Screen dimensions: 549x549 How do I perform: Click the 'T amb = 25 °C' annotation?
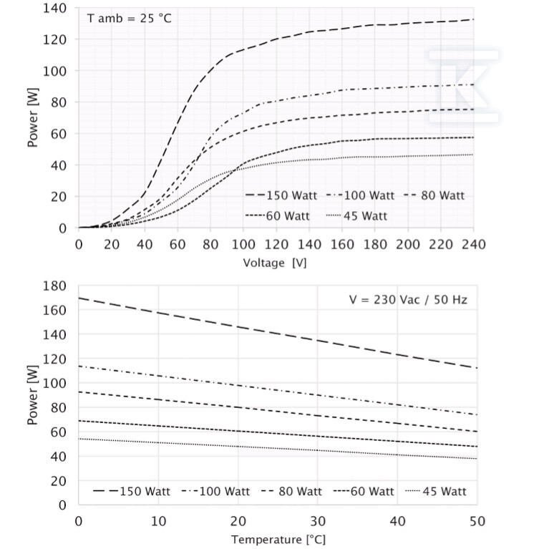click(x=129, y=18)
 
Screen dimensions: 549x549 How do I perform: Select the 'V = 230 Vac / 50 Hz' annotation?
click(x=408, y=300)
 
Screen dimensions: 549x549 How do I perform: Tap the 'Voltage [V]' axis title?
click(x=275, y=263)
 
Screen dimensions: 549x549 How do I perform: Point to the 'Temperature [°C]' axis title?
click(x=278, y=539)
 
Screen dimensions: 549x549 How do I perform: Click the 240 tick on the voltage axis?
click(x=473, y=244)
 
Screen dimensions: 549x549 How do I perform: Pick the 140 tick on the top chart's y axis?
click(x=54, y=8)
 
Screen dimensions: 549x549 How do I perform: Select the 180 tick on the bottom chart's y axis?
click(x=54, y=286)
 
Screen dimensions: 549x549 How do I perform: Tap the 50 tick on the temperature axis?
click(x=477, y=521)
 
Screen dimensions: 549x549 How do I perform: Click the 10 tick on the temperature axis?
click(x=158, y=521)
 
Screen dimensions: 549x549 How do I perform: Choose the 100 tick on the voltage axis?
click(x=243, y=244)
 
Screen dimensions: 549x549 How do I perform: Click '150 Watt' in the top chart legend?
click(x=291, y=195)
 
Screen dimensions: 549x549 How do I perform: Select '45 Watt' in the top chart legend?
click(x=365, y=215)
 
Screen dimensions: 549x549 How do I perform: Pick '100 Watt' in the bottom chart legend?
click(x=225, y=491)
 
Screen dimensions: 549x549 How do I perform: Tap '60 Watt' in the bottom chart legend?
click(x=372, y=491)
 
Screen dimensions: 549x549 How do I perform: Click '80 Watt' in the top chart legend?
click(x=442, y=195)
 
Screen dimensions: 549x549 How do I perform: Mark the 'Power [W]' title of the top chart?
click(x=32, y=117)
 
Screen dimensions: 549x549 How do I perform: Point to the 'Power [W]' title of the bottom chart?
click(x=32, y=395)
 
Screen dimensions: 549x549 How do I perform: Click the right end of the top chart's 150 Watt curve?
click(x=473, y=19)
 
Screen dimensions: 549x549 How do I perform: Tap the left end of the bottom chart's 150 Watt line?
click(x=79, y=298)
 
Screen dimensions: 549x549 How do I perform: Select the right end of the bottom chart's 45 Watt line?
click(x=477, y=459)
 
